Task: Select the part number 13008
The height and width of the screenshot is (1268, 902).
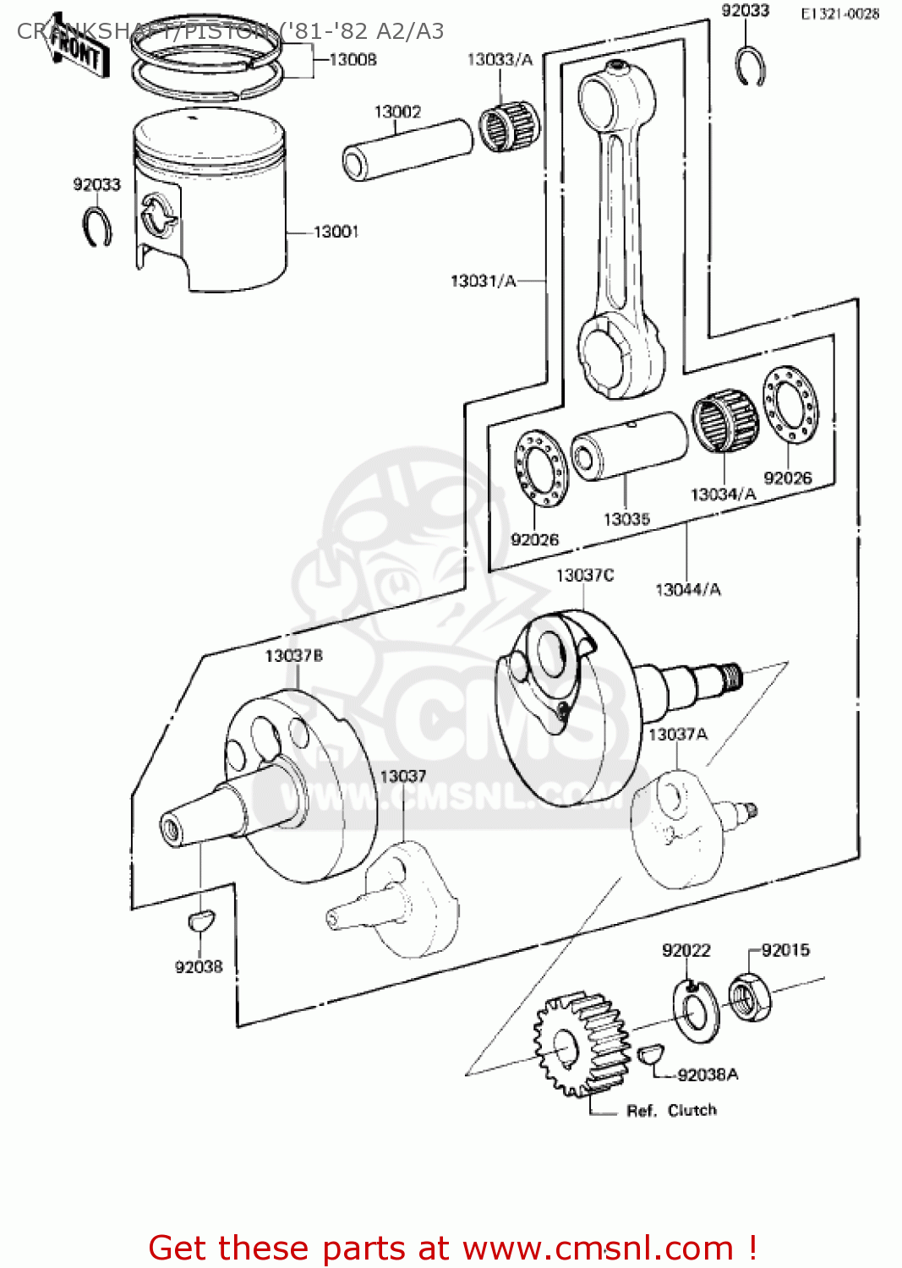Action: (353, 59)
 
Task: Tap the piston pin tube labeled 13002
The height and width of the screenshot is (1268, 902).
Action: (407, 150)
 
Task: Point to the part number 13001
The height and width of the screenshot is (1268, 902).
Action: (336, 232)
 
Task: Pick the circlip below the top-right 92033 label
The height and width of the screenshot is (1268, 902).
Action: (750, 68)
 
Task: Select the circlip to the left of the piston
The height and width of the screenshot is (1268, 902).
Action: (97, 227)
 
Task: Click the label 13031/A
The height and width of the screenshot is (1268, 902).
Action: (483, 281)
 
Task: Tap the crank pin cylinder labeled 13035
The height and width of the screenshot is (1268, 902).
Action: (629, 446)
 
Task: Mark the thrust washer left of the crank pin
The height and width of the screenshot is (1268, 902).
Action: (540, 468)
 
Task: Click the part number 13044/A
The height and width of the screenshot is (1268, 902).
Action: (688, 589)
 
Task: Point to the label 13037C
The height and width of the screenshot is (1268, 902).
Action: (584, 576)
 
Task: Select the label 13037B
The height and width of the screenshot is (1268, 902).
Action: (293, 656)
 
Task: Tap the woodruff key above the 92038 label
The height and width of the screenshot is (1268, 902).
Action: (201, 919)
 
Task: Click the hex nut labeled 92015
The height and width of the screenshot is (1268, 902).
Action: (749, 996)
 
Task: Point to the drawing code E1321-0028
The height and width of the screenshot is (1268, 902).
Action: (839, 14)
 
